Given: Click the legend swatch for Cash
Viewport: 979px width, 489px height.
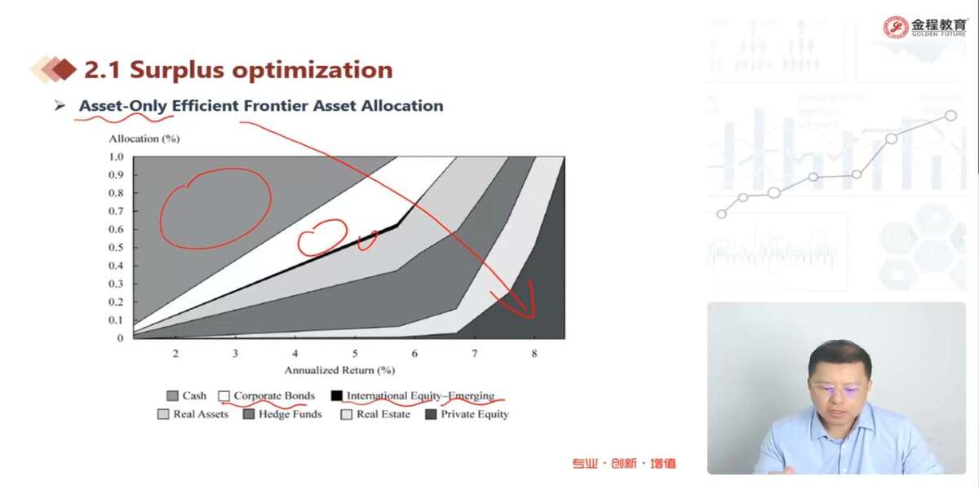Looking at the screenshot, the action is [x=173, y=396].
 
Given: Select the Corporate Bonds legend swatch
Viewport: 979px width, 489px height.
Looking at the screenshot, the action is [x=224, y=396].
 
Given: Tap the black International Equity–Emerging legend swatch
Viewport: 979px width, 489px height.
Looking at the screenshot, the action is [x=336, y=395].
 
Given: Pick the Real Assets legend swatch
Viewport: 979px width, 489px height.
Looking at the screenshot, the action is [x=163, y=414].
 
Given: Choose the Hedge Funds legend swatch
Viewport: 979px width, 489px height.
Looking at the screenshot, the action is [x=249, y=414].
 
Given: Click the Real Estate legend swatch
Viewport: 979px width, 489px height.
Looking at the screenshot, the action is [x=346, y=414].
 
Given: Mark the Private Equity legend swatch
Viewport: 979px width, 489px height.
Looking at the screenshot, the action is [x=431, y=414].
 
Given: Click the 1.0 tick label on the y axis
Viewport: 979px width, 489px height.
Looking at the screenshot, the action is [x=116, y=156].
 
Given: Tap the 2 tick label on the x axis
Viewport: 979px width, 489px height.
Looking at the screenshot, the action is [x=175, y=353].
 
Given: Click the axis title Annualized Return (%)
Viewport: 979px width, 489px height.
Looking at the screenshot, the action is [x=339, y=370].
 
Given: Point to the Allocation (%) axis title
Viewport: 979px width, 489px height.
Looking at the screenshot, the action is [x=144, y=139].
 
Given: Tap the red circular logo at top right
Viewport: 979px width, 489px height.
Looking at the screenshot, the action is [x=896, y=28].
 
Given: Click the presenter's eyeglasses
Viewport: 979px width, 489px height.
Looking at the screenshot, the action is [x=835, y=390].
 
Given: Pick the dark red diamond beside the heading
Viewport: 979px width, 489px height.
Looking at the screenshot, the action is [x=64, y=69].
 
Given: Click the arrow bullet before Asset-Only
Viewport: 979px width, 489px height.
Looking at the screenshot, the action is [x=60, y=106].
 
